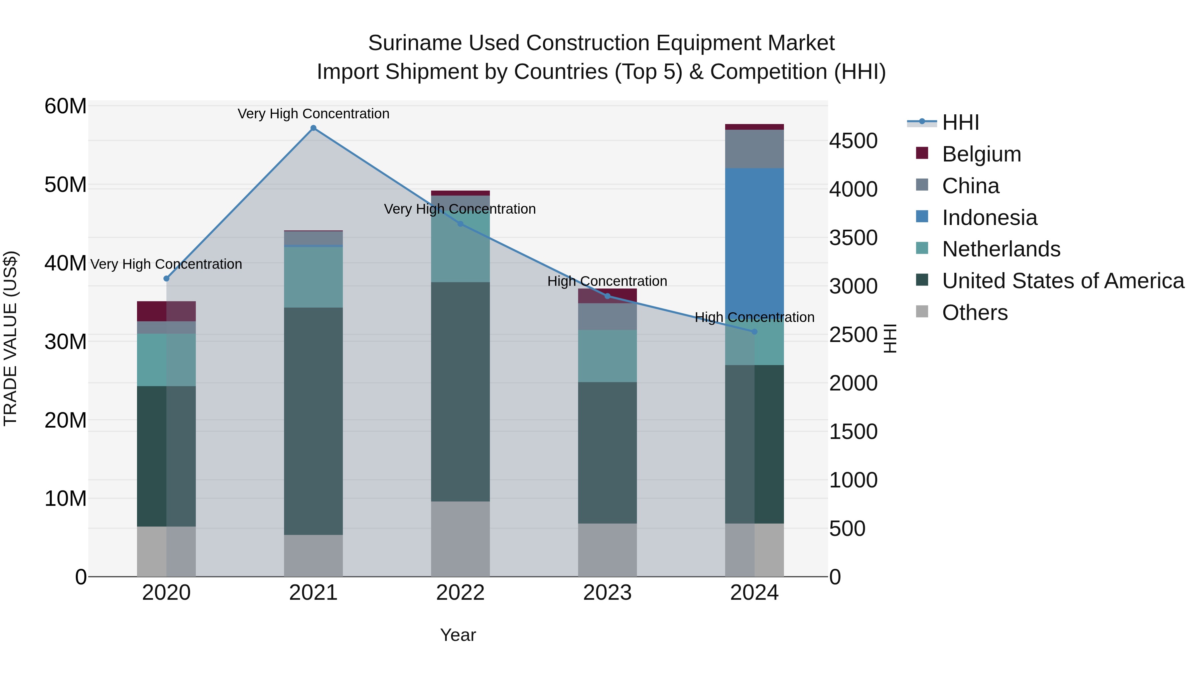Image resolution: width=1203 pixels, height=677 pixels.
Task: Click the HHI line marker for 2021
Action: (313, 128)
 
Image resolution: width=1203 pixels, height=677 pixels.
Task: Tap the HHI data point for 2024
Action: (754, 332)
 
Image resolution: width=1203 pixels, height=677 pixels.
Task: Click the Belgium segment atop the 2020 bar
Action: (166, 311)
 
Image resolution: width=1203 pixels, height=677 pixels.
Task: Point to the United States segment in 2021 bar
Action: (313, 421)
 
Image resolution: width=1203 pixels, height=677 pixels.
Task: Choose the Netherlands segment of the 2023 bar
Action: (607, 356)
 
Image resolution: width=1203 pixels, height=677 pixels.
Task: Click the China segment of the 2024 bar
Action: (754, 149)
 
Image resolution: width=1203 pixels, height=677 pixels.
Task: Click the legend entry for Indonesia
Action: (989, 218)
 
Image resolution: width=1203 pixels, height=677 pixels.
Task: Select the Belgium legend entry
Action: (981, 154)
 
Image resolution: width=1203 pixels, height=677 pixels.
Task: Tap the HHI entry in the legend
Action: (960, 122)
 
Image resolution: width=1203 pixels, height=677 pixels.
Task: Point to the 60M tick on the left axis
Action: (65, 107)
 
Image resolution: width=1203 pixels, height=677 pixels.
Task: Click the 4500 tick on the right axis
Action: (853, 141)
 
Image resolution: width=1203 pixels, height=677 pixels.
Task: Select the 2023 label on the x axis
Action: (607, 593)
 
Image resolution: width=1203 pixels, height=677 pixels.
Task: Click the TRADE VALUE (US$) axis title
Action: (10, 338)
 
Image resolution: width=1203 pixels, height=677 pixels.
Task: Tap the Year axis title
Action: (458, 635)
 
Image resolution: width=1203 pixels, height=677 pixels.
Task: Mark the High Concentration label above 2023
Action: (607, 281)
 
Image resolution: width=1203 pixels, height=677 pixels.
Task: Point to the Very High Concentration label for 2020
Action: (166, 264)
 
